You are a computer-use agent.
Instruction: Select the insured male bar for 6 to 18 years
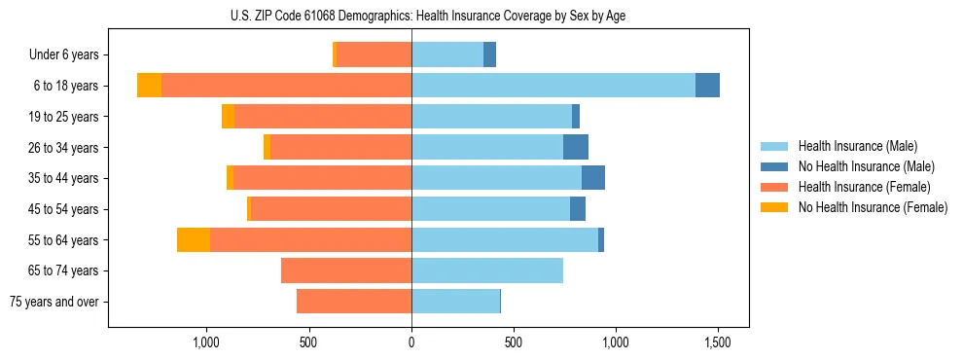[553, 86]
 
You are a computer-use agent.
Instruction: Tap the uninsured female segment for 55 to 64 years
[193, 239]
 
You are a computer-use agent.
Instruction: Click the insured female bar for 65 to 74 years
[345, 270]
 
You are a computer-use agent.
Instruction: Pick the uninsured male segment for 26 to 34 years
[575, 147]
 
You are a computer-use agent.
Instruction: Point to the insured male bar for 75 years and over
[455, 302]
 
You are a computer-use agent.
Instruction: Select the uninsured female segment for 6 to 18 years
[149, 86]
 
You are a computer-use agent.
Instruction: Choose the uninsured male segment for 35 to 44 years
[592, 178]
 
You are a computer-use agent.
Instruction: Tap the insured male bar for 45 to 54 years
[490, 209]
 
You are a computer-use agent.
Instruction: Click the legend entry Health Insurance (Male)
[857, 147]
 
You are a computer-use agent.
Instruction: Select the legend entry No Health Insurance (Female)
[873, 207]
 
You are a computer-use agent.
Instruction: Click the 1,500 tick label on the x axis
[718, 342]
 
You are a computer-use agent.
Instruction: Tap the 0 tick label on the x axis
[411, 342]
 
